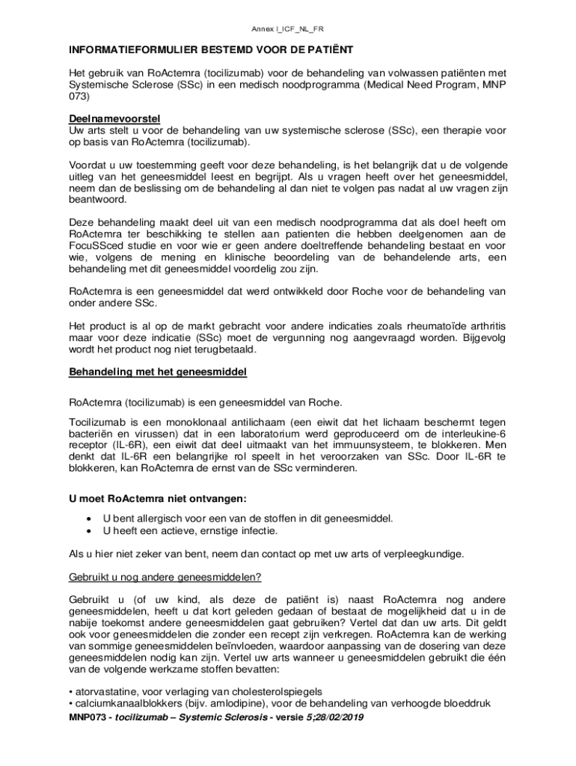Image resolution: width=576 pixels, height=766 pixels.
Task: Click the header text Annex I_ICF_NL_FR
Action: (288, 28)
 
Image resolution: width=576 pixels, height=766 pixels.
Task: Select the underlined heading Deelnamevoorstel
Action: (114, 119)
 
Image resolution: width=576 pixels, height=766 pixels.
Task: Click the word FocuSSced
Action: (95, 245)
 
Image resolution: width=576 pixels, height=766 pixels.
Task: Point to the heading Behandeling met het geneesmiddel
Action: (157, 371)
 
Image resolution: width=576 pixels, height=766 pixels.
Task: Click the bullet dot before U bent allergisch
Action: (90, 518)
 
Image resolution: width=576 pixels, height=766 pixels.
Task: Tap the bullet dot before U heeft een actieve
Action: (90, 530)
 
